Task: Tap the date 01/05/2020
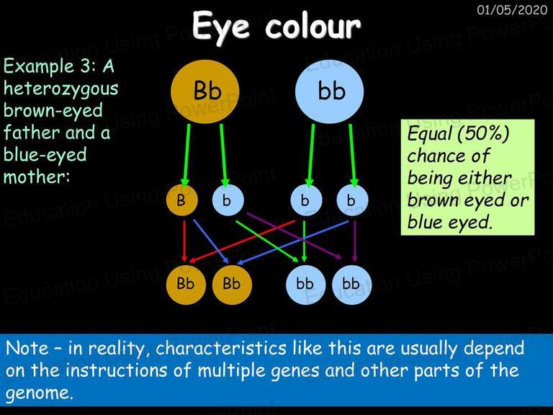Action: pyautogui.click(x=512, y=9)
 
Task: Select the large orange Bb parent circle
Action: pyautogui.click(x=205, y=92)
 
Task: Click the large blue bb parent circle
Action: pyautogui.click(x=329, y=92)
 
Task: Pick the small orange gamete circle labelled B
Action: pyautogui.click(x=181, y=200)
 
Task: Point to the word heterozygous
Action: pyautogui.click(x=60, y=89)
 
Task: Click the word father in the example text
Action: pyautogui.click(x=32, y=133)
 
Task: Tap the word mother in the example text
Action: pyautogui.click(x=37, y=177)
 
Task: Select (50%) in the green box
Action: pyautogui.click(x=484, y=134)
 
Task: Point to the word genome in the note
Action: pyautogui.click(x=40, y=393)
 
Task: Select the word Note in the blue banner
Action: pyautogui.click(x=27, y=348)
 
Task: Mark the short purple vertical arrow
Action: pyautogui.click(x=355, y=241)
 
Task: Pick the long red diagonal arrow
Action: pyautogui.click(x=242, y=242)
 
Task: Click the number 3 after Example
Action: pyautogui.click(x=86, y=66)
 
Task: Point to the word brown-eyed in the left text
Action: pyautogui.click(x=53, y=111)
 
